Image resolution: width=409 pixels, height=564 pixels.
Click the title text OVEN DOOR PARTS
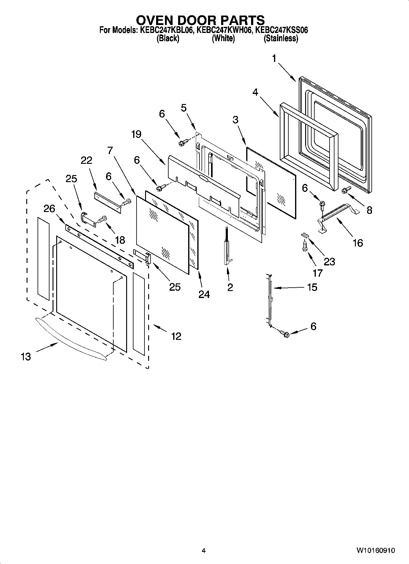(x=200, y=20)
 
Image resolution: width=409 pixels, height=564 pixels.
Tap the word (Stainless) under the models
(x=281, y=38)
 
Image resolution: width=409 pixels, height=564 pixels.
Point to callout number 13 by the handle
(x=26, y=356)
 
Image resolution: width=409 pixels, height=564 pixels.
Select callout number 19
(x=136, y=134)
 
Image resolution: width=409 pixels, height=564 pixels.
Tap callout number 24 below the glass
(x=204, y=294)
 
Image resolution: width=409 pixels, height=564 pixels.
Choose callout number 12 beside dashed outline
(x=176, y=336)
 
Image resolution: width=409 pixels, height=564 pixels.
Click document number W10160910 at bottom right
(x=375, y=551)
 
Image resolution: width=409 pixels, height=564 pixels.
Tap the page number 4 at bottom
(x=203, y=551)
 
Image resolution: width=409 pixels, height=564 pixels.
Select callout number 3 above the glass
(x=235, y=120)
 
